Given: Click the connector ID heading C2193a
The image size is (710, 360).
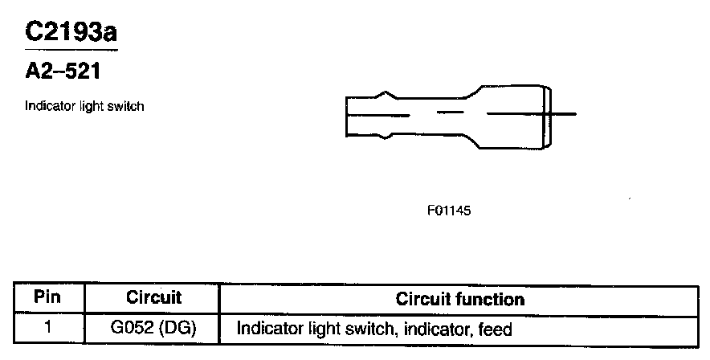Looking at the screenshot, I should point(72,31).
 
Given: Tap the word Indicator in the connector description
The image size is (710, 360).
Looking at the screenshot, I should point(47,106).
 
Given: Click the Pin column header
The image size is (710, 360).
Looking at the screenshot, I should point(49,298).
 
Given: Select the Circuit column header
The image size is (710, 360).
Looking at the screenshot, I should point(154,298).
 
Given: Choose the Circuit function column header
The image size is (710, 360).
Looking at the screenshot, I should point(460,300).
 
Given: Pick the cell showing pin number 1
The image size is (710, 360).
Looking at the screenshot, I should point(49,328).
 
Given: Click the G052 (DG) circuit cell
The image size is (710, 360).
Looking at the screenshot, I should point(153,329).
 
